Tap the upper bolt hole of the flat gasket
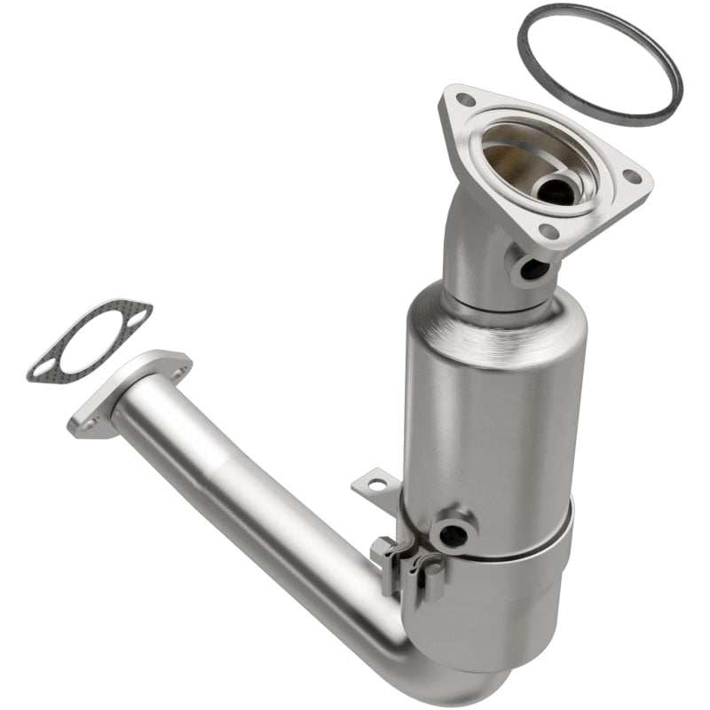pyautogui.click(x=137, y=312)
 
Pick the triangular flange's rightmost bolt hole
pyautogui.click(x=633, y=177)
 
